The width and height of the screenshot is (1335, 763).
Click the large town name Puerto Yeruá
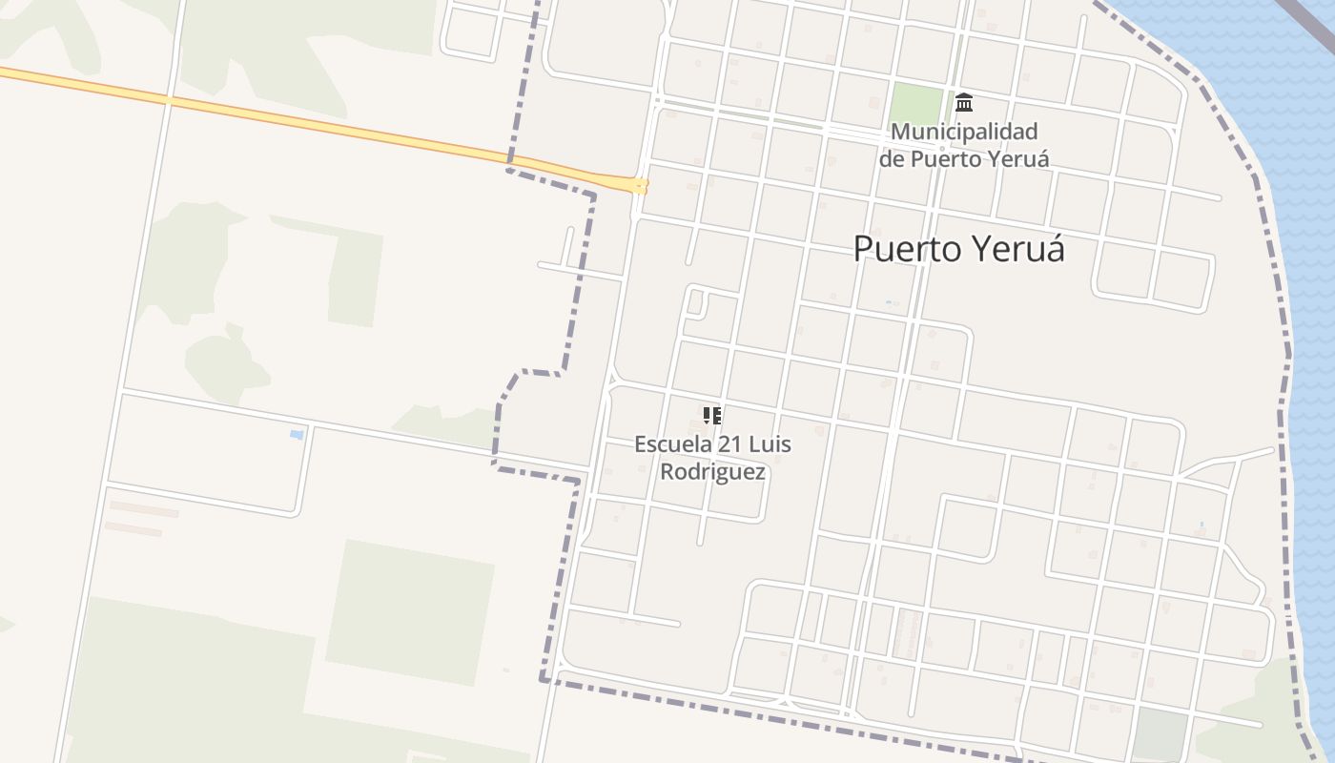click(x=958, y=249)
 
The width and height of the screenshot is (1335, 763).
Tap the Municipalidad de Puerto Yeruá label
click(x=964, y=145)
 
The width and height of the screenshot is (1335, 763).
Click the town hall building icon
click(x=964, y=102)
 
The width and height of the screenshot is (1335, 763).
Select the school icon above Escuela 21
click(x=712, y=415)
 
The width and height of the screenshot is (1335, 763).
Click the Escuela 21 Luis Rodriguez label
click(x=712, y=458)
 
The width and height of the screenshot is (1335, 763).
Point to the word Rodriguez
click(x=712, y=471)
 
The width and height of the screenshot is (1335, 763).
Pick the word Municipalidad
click(x=964, y=132)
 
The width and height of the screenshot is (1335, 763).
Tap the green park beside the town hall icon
click(x=915, y=104)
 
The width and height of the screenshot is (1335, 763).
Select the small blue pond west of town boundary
click(x=297, y=435)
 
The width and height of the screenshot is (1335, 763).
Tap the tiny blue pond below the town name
click(x=888, y=302)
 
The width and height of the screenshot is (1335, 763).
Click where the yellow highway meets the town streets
click(x=639, y=185)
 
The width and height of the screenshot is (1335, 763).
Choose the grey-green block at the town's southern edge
click(x=1160, y=734)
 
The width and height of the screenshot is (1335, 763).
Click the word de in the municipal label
click(x=892, y=158)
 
